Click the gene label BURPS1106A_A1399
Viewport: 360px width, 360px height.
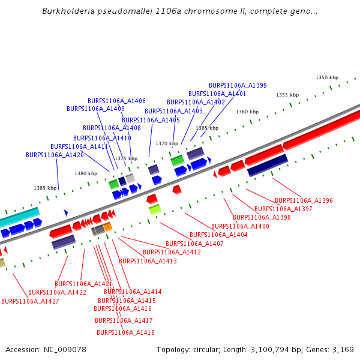(x=238, y=85)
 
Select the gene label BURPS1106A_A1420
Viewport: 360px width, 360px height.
(x=55, y=155)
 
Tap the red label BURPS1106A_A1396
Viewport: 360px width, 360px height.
(x=304, y=200)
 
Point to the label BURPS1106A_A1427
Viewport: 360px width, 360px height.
(x=30, y=301)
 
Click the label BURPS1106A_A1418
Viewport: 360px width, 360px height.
(x=125, y=332)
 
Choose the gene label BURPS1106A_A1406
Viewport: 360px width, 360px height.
(x=116, y=101)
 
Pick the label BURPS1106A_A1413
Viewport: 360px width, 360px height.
(x=148, y=261)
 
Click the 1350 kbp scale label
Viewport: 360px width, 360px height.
(x=327, y=77)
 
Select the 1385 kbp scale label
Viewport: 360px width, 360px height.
(x=45, y=188)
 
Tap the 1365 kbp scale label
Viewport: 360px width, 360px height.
(x=206, y=128)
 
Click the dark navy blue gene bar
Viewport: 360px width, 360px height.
(x=268, y=165)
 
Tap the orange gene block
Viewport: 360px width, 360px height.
(x=107, y=226)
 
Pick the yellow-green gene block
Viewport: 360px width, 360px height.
(x=155, y=209)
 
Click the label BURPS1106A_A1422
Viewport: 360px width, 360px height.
(x=57, y=292)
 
